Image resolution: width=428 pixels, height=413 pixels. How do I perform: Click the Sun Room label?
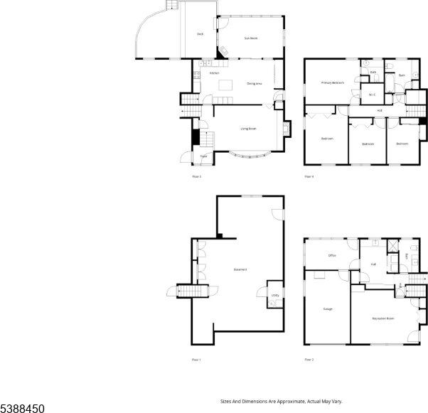click(x=251, y=38)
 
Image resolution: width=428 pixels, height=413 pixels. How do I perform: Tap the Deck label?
click(x=200, y=33)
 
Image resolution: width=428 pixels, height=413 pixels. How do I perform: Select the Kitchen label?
click(x=213, y=73)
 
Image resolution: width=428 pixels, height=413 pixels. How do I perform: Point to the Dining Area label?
click(x=255, y=84)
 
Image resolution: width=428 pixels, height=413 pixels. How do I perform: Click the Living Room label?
click(x=248, y=129)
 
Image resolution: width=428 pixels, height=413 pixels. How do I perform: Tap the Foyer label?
click(x=203, y=156)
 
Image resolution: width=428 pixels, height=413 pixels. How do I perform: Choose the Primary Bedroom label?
click(x=332, y=82)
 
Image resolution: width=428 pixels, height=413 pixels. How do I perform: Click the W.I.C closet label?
click(x=371, y=95)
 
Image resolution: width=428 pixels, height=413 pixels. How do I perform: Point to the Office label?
click(x=331, y=255)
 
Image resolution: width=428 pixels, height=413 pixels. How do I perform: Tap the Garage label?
click(x=328, y=309)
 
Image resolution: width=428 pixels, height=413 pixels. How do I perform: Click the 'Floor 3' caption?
click(x=196, y=176)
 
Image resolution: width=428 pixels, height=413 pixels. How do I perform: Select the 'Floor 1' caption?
click(x=196, y=360)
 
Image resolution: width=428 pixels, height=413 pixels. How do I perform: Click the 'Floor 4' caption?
click(x=309, y=176)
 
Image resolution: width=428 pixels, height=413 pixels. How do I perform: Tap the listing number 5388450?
click(x=23, y=408)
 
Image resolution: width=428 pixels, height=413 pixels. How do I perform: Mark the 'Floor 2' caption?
click(x=309, y=360)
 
